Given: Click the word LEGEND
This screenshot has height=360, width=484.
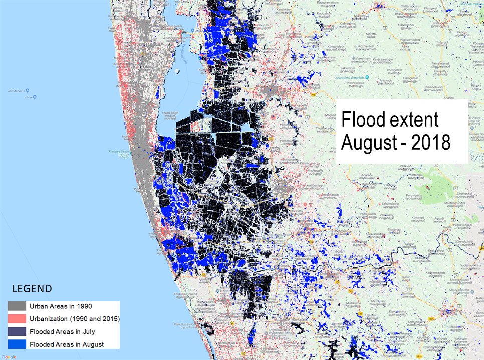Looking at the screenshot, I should point(32,289).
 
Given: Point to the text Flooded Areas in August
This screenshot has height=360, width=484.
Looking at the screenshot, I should point(67,344).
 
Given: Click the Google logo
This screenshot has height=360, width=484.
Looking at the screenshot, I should point(9,357).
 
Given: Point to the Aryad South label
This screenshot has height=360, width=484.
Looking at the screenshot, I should point(171,113).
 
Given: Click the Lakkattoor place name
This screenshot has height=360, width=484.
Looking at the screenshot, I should point(347,67).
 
